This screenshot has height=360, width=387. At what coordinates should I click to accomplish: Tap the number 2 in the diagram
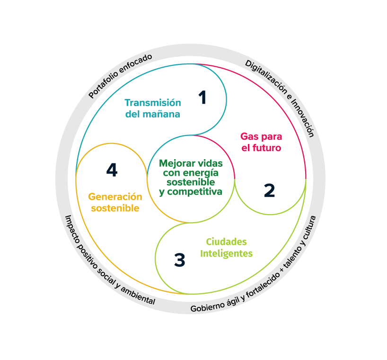point(269,190)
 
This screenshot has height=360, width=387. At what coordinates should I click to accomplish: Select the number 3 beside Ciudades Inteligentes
point(179,260)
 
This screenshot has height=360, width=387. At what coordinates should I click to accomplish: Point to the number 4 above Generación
point(112,170)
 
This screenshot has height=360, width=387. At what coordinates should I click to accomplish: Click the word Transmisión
point(146,103)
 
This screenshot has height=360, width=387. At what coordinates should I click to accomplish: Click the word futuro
point(267,148)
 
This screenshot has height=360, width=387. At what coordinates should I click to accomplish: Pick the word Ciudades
point(226,242)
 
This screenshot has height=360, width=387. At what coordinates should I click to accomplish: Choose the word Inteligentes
point(226,253)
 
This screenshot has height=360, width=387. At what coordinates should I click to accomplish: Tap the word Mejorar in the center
point(176,163)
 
